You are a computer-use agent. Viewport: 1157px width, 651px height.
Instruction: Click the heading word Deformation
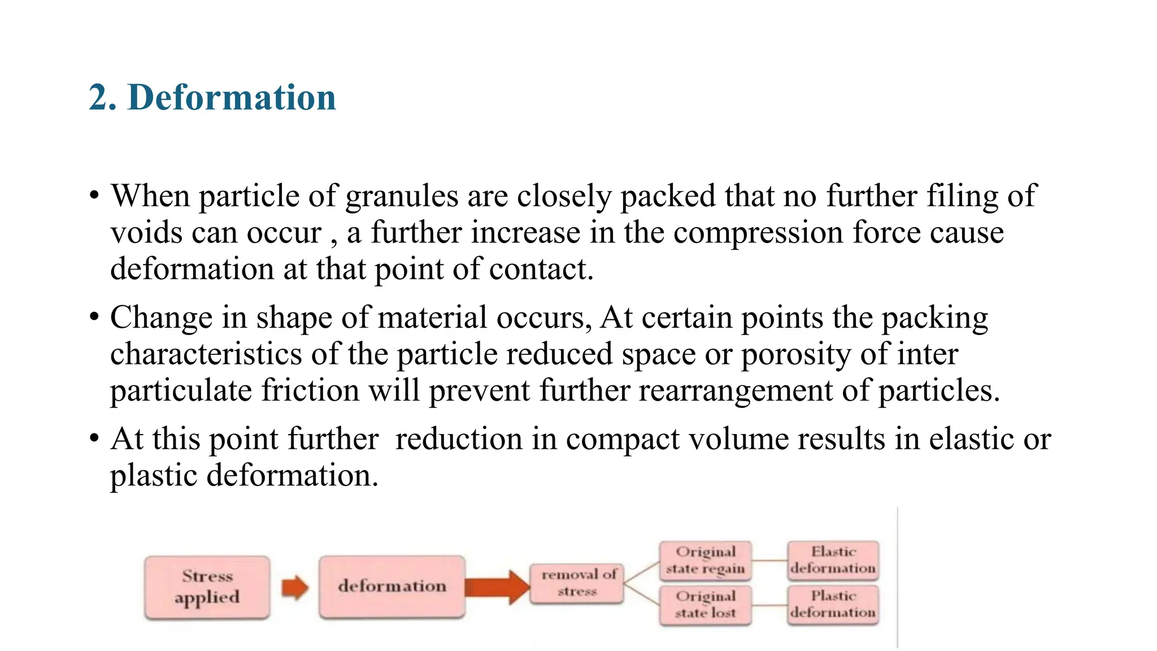pos(232,97)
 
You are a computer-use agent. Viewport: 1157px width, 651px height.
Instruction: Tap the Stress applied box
pos(207,587)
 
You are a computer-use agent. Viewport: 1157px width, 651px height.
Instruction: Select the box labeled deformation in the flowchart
pos(392,587)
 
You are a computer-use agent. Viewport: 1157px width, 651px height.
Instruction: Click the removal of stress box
pos(577,583)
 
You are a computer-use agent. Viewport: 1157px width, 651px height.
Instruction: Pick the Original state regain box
pos(705,560)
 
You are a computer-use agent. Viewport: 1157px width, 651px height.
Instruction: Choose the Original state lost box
pos(705,605)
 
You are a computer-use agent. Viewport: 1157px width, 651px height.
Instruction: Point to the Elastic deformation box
pos(833,560)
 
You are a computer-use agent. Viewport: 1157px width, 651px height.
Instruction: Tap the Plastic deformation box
pos(833,605)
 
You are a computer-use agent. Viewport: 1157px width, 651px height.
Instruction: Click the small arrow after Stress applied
pos(295,587)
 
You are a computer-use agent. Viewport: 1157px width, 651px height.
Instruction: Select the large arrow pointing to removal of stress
pos(497,587)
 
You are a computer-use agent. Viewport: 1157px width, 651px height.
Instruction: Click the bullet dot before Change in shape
pos(94,317)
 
